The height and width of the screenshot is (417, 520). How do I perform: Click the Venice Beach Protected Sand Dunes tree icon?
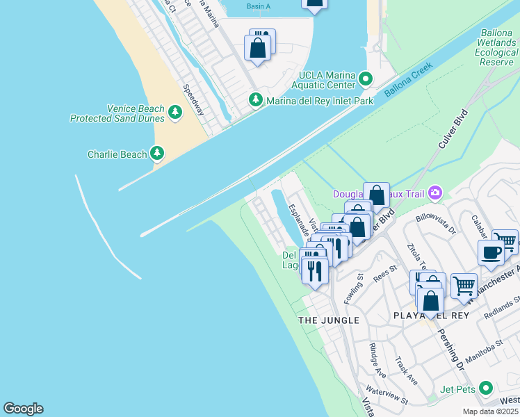pyautogui.click(x=174, y=111)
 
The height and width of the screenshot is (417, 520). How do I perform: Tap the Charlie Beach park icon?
pyautogui.click(x=157, y=154)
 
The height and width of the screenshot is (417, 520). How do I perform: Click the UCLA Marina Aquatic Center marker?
pyautogui.click(x=367, y=81)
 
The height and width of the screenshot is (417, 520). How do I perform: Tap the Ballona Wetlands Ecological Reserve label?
pyautogui.click(x=499, y=48)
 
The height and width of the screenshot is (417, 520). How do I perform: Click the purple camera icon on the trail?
pyautogui.click(x=435, y=193)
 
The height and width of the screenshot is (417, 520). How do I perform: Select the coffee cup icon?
pyautogui.click(x=491, y=253)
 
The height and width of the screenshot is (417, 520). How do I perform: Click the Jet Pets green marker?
pyautogui.click(x=486, y=388)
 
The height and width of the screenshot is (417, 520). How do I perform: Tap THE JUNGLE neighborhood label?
pyautogui.click(x=329, y=320)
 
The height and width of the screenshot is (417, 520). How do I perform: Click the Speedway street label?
pyautogui.click(x=194, y=100)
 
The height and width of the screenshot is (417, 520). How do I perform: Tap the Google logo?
pyautogui.click(x=23, y=409)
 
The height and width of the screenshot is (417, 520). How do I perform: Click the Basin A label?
pyautogui.click(x=258, y=6)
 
